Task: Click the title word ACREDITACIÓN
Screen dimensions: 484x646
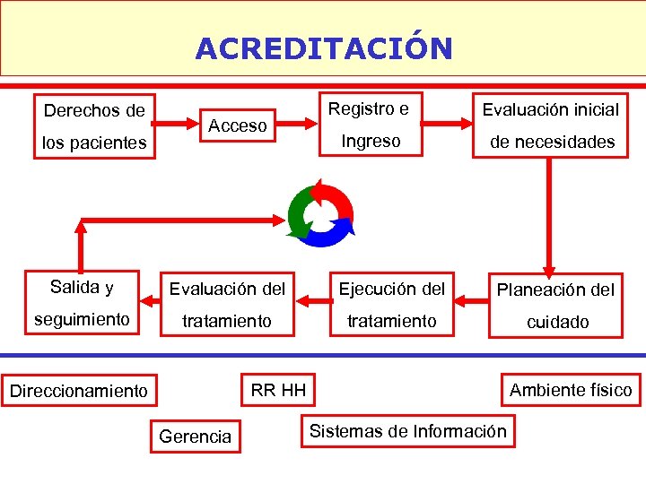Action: point(324,48)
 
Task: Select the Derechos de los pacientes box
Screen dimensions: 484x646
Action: point(94,125)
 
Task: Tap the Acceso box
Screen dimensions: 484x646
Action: point(238,125)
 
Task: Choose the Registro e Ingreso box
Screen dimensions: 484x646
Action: point(370,125)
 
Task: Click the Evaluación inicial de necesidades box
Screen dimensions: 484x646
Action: point(550,125)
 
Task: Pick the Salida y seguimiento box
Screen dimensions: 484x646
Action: point(83,303)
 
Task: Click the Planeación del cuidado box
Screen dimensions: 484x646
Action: point(555,305)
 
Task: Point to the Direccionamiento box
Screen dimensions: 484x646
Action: point(79,391)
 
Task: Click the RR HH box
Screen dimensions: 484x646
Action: point(278,390)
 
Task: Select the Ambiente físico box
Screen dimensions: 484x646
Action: point(571,390)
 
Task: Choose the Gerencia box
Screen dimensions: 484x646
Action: point(195,436)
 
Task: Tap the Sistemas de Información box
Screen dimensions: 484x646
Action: point(408,431)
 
